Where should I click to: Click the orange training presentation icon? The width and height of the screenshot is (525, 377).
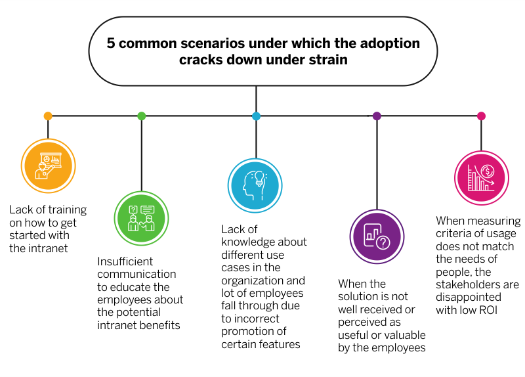click(x=49, y=166)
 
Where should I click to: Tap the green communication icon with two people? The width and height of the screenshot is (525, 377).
click(x=141, y=218)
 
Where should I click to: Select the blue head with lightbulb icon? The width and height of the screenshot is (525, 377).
click(x=255, y=186)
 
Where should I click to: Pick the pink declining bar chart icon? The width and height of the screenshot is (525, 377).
click(x=481, y=177)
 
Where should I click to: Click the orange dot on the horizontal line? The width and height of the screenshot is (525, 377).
click(x=48, y=116)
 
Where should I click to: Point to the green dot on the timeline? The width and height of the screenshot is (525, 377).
click(x=142, y=116)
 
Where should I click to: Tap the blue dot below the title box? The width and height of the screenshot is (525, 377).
click(x=256, y=116)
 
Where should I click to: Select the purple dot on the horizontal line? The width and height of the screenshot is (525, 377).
click(x=377, y=116)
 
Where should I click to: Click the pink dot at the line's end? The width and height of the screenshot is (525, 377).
click(x=481, y=116)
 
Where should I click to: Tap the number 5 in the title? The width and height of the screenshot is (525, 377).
click(x=111, y=43)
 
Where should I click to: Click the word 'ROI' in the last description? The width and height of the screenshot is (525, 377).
click(x=486, y=310)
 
